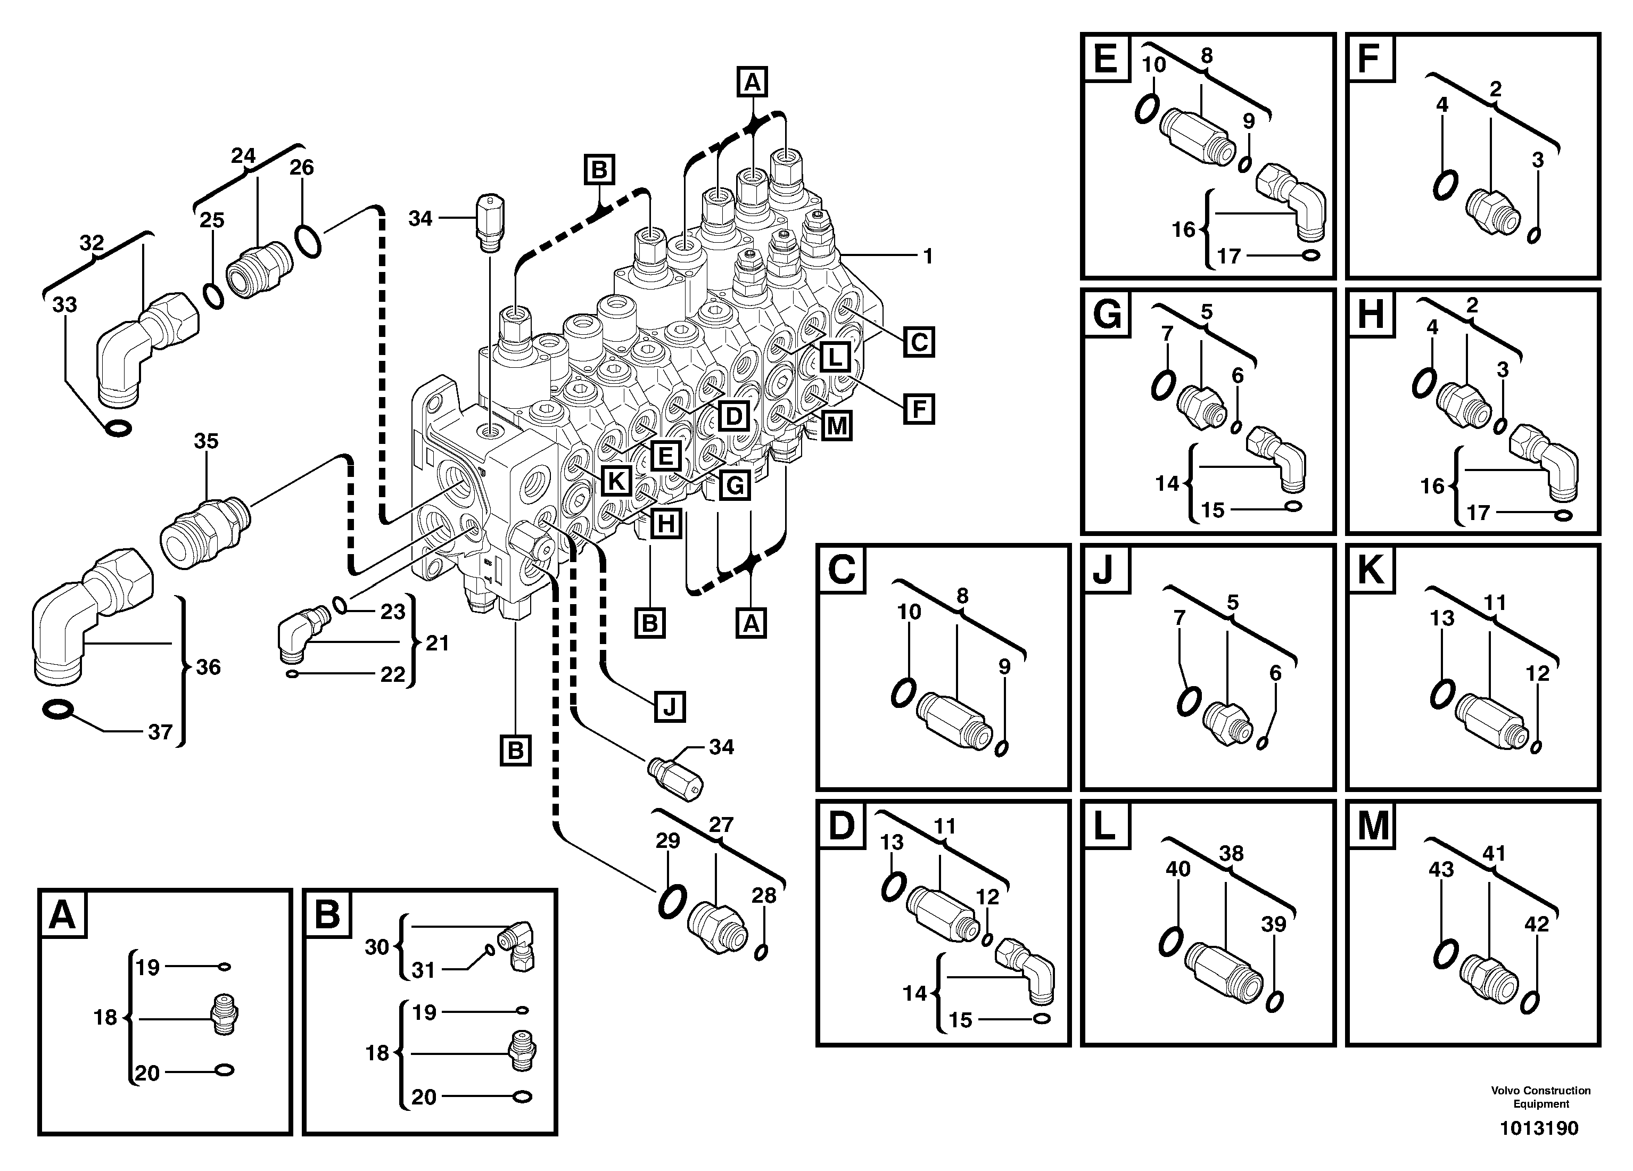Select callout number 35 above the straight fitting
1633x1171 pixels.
pyautogui.click(x=206, y=441)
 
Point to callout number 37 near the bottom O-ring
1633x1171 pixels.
pyautogui.click(x=160, y=732)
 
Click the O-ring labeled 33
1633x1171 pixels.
pyautogui.click(x=117, y=428)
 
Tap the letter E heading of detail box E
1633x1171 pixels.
pyautogui.click(x=1105, y=59)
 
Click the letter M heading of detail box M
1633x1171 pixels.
pyautogui.click(x=1372, y=826)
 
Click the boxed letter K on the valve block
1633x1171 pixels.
pyautogui.click(x=616, y=481)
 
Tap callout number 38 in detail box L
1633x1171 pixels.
pyautogui.click(x=1231, y=853)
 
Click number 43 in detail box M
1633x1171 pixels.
pyautogui.click(x=1441, y=869)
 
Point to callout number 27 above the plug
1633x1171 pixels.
pyautogui.click(x=721, y=824)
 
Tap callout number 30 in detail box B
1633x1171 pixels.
pyautogui.click(x=376, y=947)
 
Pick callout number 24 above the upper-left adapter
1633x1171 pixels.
pyautogui.click(x=243, y=155)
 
